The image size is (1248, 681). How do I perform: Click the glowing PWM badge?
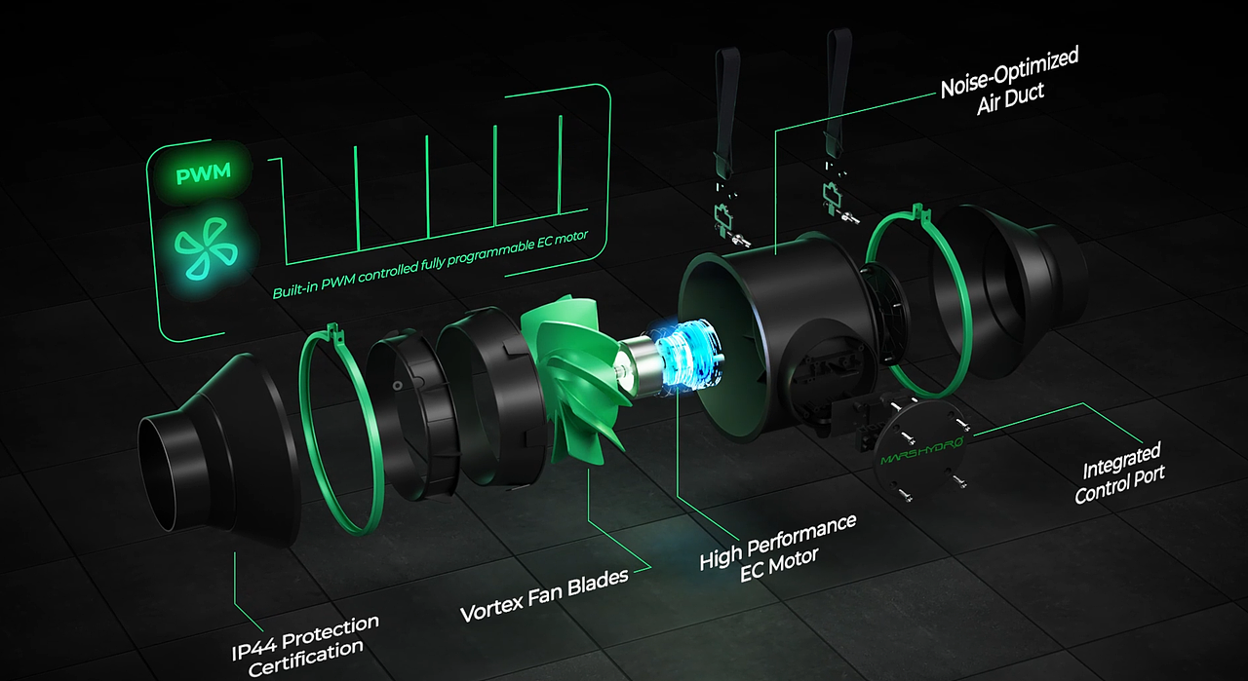(x=204, y=172)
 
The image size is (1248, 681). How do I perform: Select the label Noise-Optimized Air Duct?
(x=1009, y=81)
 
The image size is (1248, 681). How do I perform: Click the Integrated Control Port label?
(x=1120, y=473)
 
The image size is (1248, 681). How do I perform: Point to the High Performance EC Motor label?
(x=778, y=549)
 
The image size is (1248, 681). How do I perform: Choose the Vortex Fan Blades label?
(x=544, y=594)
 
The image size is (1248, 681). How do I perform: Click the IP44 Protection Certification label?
(x=305, y=645)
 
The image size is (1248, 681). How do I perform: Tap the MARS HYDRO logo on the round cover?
(x=922, y=451)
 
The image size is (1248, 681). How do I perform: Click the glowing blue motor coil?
(x=686, y=357)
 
